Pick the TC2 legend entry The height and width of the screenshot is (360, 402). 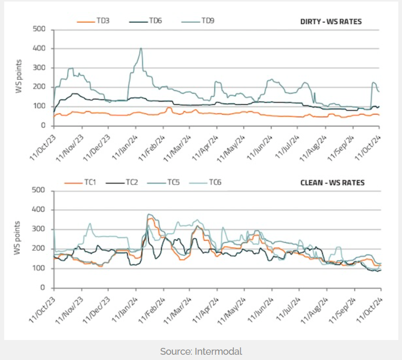tap(132, 183)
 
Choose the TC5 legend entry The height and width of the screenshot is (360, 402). tap(174, 183)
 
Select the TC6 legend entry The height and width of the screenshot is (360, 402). tap(215, 183)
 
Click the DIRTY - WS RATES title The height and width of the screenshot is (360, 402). tap(331, 22)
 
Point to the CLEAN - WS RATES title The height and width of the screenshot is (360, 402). tap(332, 183)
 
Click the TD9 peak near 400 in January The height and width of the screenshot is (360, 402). tap(141, 48)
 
